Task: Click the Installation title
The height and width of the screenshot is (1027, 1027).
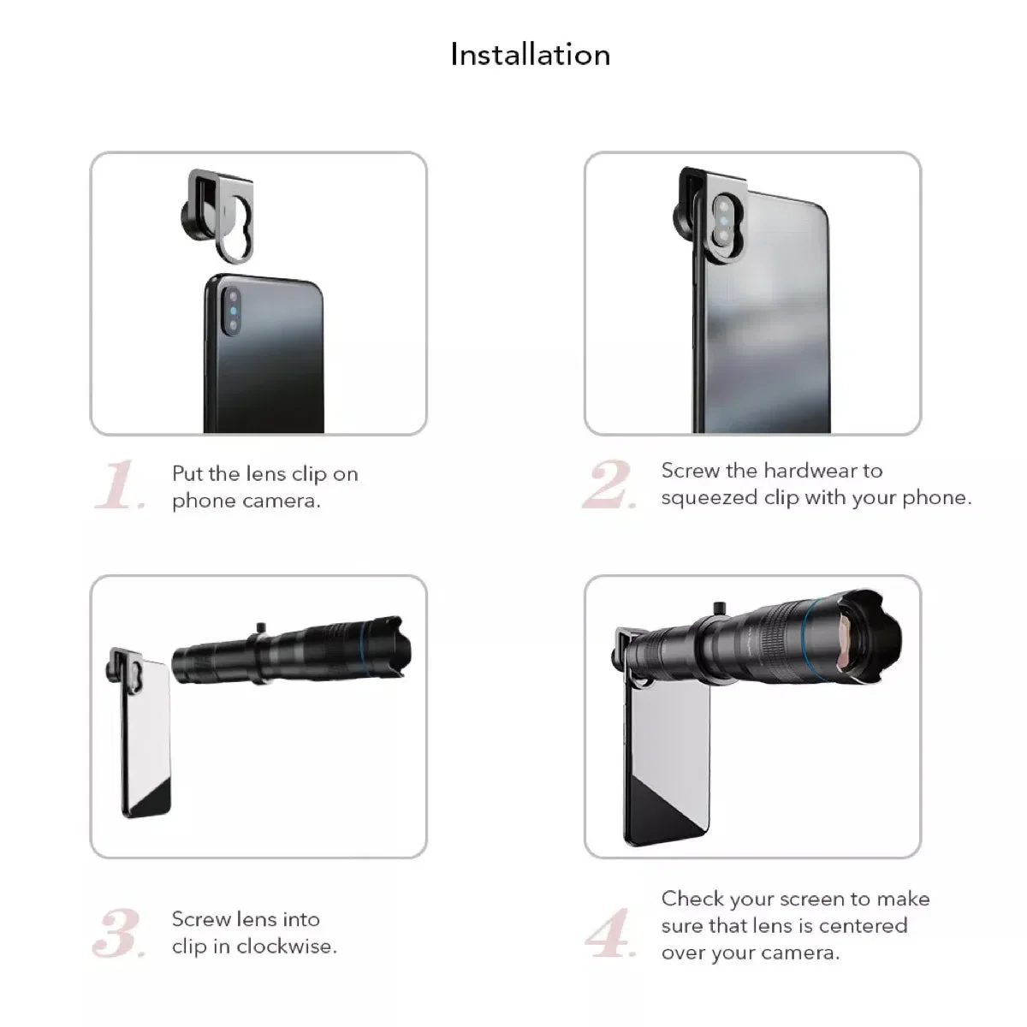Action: tap(531, 55)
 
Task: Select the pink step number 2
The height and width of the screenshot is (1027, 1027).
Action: tap(609, 484)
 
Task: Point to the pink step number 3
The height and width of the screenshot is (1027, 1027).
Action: tap(118, 933)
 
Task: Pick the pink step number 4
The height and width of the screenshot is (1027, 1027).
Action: tap(611, 933)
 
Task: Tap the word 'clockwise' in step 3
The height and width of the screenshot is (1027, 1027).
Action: tap(284, 947)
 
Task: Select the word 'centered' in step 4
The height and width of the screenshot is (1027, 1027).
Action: tap(863, 926)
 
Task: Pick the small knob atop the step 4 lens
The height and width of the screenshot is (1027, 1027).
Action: tap(720, 608)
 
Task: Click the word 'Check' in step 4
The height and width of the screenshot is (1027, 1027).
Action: tap(693, 899)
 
